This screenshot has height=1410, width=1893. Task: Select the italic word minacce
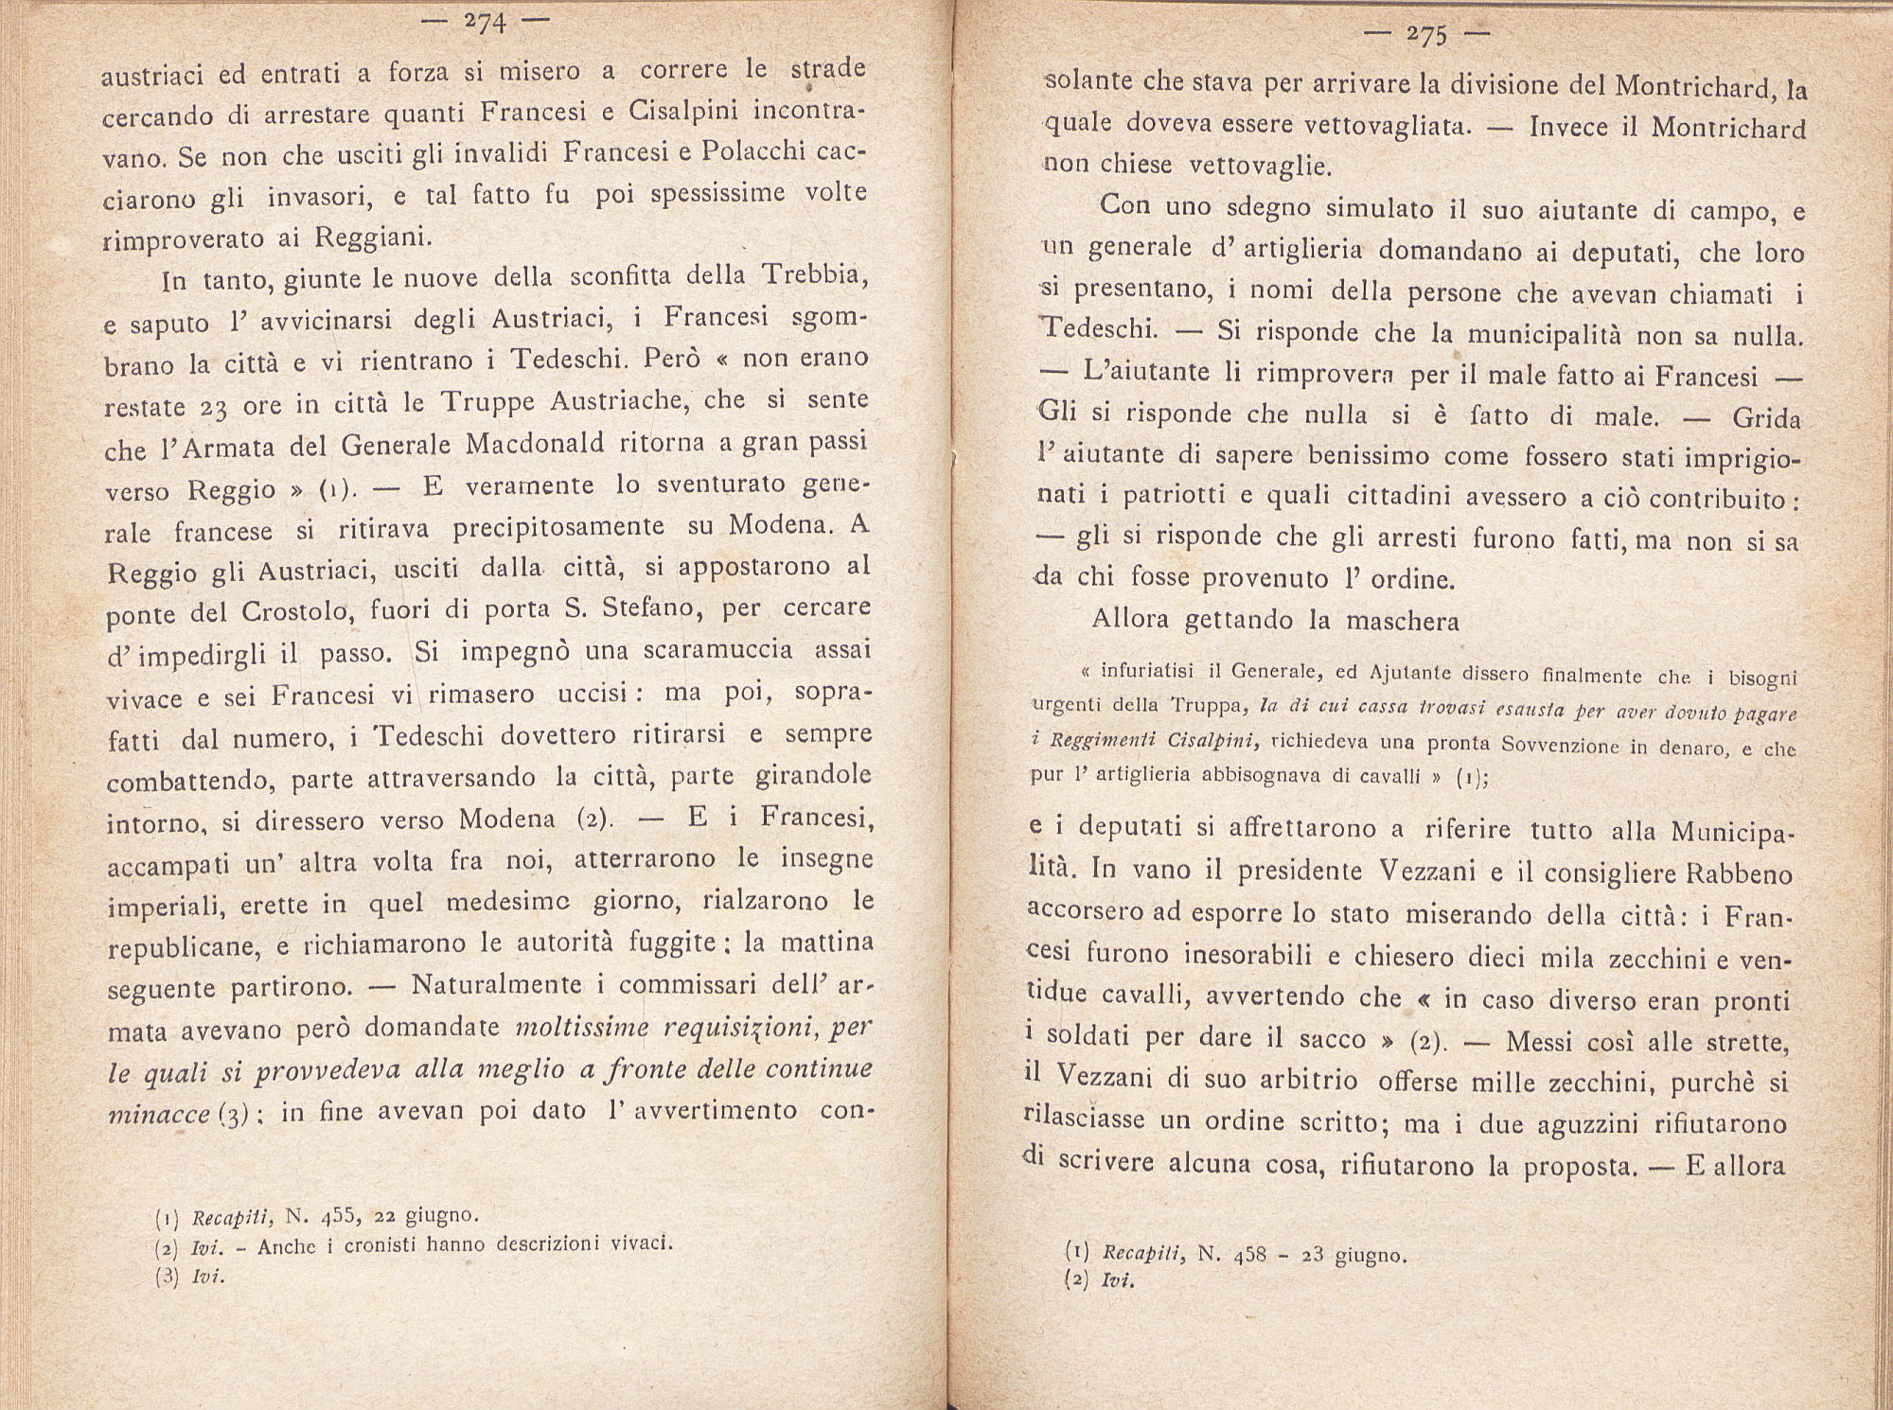pyautogui.click(x=156, y=1114)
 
